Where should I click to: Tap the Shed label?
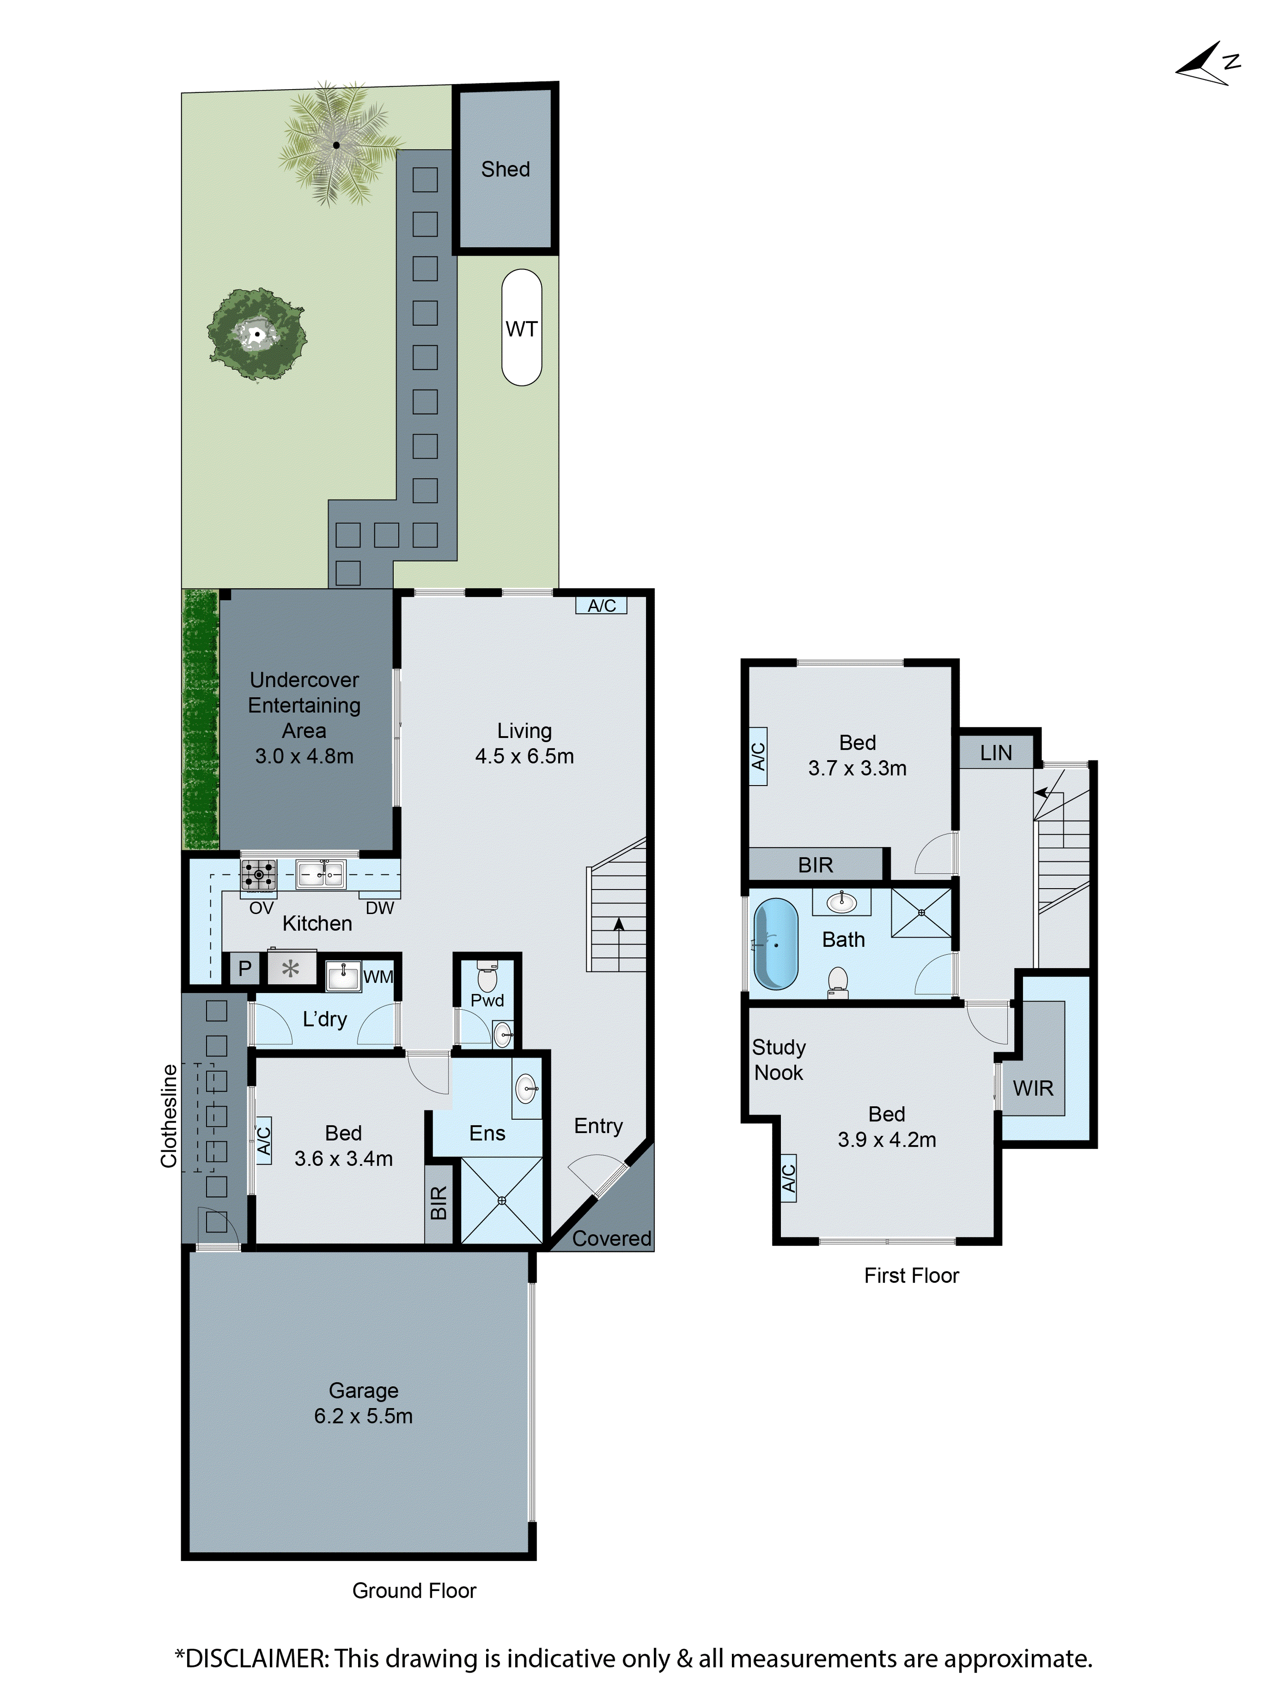(505, 169)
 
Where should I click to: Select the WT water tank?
(522, 328)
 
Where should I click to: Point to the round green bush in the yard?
(257, 334)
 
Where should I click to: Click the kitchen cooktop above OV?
(259, 874)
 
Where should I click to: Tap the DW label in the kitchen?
(380, 908)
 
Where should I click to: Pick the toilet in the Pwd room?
(487, 976)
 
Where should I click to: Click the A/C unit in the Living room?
(601, 606)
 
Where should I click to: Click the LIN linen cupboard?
(996, 753)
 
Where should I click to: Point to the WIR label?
(1033, 1088)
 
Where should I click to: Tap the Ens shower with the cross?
(502, 1201)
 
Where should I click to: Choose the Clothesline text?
(169, 1115)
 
